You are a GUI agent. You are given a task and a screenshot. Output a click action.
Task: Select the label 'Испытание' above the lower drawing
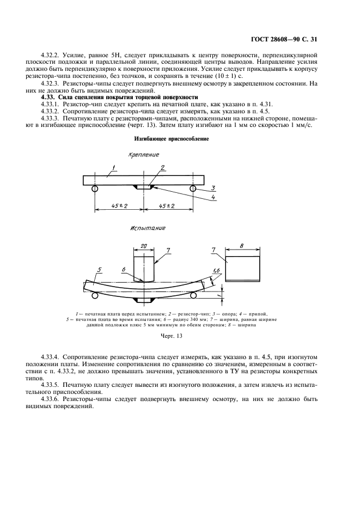pyautogui.click(x=147, y=228)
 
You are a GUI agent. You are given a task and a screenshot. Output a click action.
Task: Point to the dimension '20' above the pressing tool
pyautogui.click(x=143, y=246)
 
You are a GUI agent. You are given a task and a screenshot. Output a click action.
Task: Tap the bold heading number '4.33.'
pyautogui.click(x=51, y=96)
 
